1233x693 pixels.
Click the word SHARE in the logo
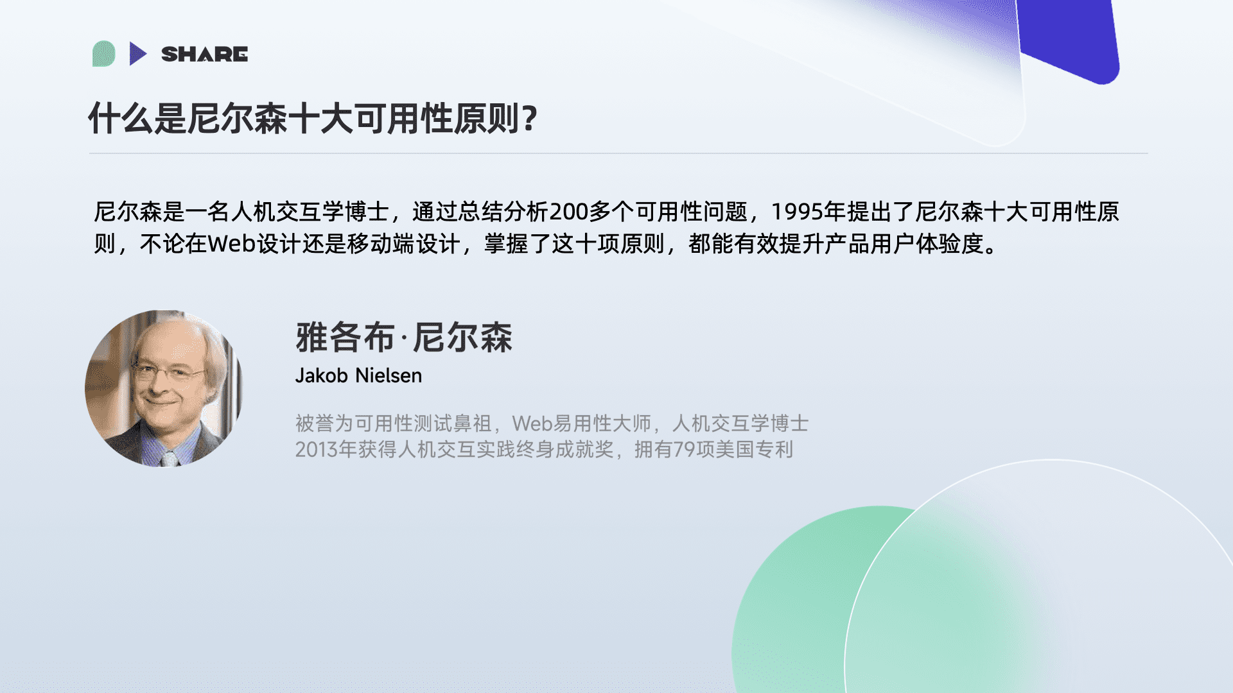pos(204,55)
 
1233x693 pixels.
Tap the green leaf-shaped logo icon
pos(104,54)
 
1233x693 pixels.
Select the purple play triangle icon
pos(137,54)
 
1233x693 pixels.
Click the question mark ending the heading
pos(530,119)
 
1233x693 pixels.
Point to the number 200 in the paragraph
pos(569,212)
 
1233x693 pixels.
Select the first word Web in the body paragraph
pos(232,244)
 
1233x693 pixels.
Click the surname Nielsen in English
pos(389,375)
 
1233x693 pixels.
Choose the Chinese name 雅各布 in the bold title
pos(345,338)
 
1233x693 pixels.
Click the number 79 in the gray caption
pos(685,449)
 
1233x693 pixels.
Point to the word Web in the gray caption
pos(532,424)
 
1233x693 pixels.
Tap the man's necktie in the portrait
pos(170,458)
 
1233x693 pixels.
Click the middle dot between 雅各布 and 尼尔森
pos(403,338)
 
